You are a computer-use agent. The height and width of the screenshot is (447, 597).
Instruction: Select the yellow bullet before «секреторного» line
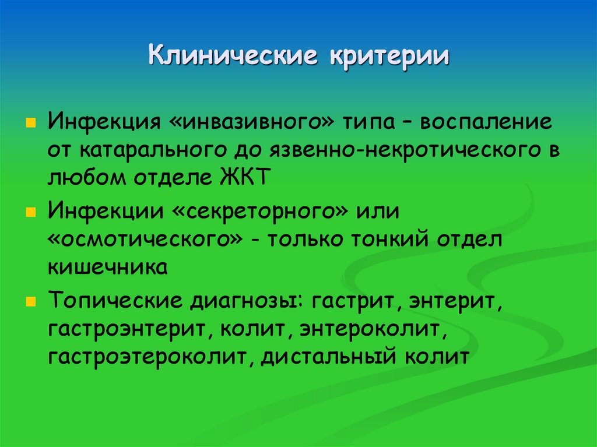[x=29, y=211]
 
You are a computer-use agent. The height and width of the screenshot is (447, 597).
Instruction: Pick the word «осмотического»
[x=145, y=241]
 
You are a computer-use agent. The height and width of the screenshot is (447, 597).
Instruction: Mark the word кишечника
[x=108, y=268]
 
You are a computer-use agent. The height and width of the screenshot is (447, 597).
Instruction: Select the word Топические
[x=114, y=302]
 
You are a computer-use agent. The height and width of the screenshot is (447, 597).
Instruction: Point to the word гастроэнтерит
[x=131, y=330]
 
